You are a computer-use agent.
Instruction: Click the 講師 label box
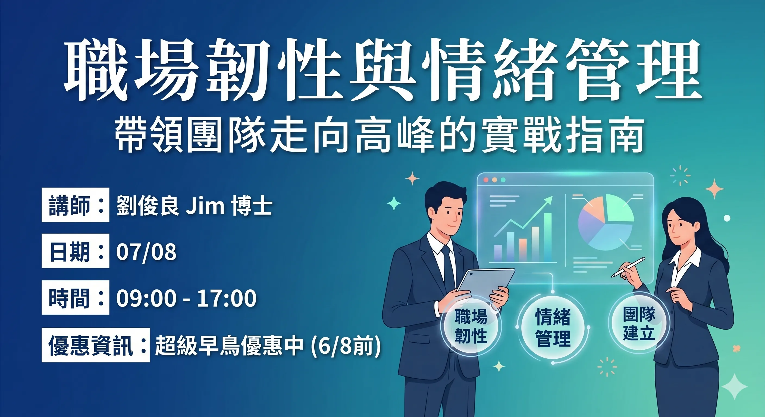click(76, 205)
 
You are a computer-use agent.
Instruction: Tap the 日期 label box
click(76, 251)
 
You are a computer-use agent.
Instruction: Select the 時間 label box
click(76, 297)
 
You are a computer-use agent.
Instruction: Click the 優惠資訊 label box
click(96, 345)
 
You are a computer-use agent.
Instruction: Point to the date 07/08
click(146, 252)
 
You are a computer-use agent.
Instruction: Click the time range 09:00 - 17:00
click(186, 298)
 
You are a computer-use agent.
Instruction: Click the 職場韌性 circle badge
click(471, 326)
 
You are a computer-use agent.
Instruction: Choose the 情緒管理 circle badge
click(553, 327)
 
